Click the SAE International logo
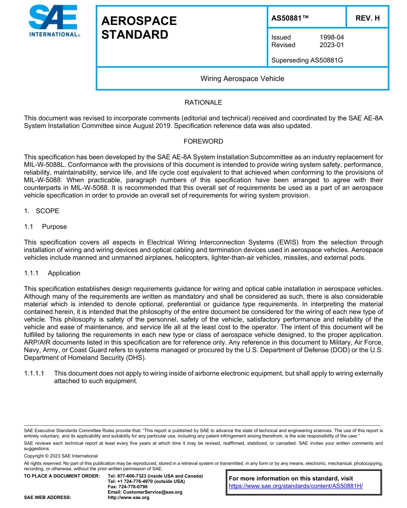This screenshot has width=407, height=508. pos(54,21)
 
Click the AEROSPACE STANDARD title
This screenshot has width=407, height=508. pos(139,28)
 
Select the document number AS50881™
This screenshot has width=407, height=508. pos(290,18)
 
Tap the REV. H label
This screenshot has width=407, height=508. pos(367,18)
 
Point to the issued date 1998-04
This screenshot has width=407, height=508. pos(331,37)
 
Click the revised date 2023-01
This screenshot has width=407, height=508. pos(331,45)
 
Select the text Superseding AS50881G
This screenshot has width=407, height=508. pos(307,60)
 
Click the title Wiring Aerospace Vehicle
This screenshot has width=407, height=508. pos(242,79)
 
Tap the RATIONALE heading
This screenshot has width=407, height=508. pos(203,102)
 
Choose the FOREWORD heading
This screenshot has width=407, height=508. pos(203,141)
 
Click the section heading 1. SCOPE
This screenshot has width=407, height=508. pos(42,211)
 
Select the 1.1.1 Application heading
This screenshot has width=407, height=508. pos(52,273)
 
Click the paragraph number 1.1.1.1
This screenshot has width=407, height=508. pos(36,373)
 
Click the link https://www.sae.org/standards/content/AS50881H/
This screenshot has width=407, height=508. pos(296,486)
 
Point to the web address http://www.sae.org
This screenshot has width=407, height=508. pos(129,498)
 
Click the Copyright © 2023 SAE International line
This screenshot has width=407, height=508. pos(61,456)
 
